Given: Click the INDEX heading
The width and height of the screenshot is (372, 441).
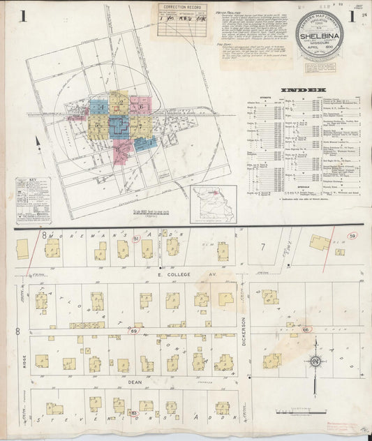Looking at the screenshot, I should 304,91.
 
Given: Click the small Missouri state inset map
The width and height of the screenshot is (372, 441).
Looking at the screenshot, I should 214,204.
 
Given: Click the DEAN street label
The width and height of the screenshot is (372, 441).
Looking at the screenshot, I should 135,382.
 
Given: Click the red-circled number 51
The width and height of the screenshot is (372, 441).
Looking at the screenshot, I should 137,239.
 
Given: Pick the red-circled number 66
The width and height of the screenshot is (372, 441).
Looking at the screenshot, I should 305,329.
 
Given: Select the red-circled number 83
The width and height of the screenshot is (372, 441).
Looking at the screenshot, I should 133,414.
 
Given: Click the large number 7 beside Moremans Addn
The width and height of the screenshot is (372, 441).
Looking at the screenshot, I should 262,246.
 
